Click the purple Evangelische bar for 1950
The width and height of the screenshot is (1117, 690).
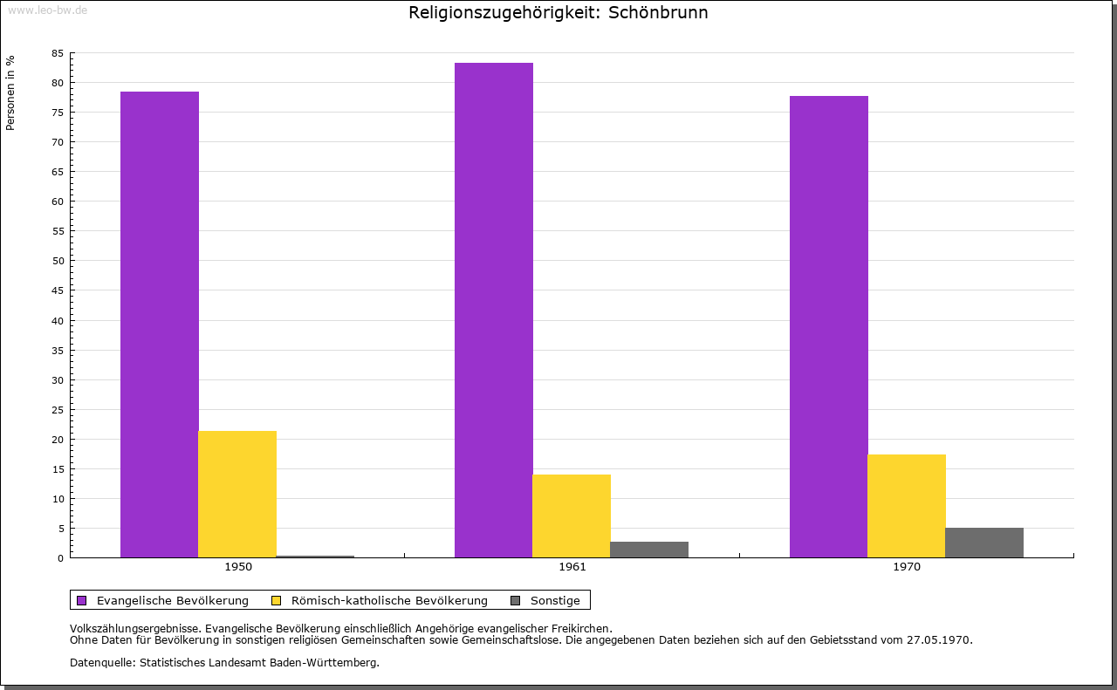(x=160, y=325)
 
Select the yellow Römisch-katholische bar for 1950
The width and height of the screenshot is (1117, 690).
(x=237, y=494)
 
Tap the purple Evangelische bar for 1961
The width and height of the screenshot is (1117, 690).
(x=494, y=310)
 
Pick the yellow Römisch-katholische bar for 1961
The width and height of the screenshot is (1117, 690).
(x=572, y=516)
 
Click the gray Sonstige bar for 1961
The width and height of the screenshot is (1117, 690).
(x=649, y=550)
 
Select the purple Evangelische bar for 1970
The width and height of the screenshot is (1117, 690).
(x=829, y=326)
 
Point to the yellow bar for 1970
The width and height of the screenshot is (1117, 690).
(x=907, y=506)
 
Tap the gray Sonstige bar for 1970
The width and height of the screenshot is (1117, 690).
(x=984, y=543)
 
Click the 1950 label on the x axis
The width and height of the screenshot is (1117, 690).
(x=238, y=567)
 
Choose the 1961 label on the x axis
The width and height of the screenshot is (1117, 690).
(x=572, y=567)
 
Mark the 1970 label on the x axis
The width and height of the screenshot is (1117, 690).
(x=907, y=567)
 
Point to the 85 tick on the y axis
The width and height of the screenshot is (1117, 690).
(x=58, y=53)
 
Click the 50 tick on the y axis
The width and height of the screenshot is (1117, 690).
(x=58, y=261)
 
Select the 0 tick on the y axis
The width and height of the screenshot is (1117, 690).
(x=61, y=558)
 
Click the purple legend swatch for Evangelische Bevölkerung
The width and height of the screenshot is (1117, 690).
(x=82, y=600)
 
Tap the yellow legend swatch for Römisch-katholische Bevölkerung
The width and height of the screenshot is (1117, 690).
(x=277, y=600)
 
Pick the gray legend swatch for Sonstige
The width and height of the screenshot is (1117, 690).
(x=515, y=600)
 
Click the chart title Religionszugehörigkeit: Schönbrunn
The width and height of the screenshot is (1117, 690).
(x=558, y=13)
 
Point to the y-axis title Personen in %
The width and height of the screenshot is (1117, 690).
(x=10, y=92)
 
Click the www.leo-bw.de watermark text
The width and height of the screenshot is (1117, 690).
(x=47, y=8)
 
